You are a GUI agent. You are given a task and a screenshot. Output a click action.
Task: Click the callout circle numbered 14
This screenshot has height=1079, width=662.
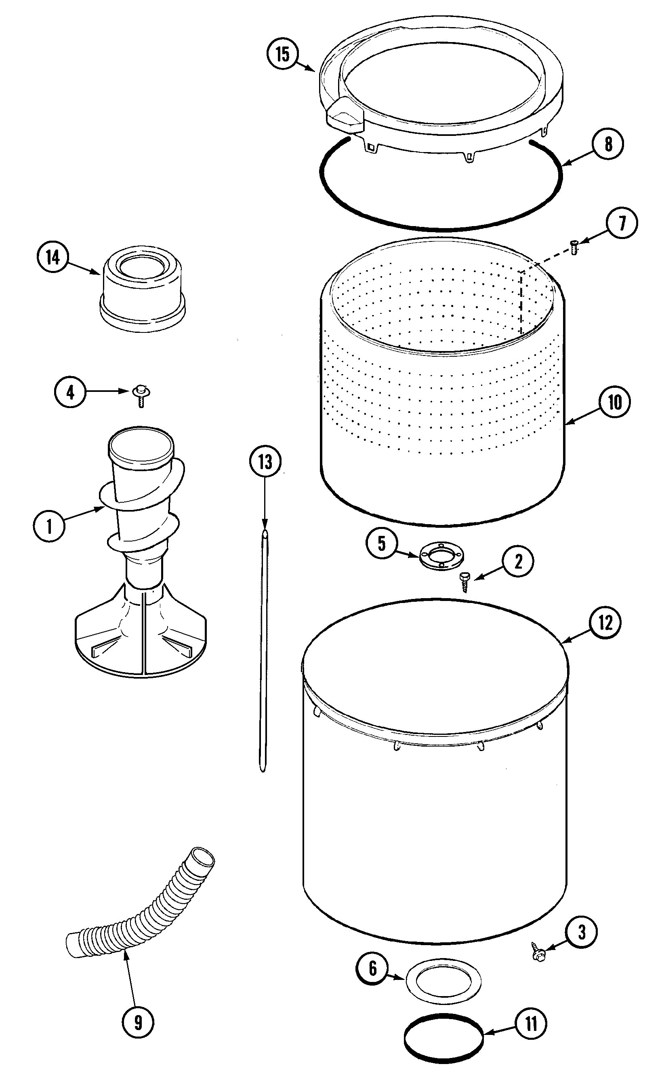click(x=53, y=257)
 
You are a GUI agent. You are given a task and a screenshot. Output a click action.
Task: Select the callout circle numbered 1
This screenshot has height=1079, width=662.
click(x=49, y=526)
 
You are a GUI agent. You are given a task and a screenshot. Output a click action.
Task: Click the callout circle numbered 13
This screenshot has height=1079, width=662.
click(x=265, y=462)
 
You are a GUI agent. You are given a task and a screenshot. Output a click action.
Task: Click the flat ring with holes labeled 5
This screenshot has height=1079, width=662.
click(x=441, y=556)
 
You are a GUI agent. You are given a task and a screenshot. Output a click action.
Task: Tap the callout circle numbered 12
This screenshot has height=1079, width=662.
click(x=605, y=622)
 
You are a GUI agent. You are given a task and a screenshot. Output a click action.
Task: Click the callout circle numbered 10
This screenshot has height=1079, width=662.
click(x=615, y=402)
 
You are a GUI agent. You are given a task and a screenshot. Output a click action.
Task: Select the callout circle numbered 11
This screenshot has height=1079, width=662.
click(x=531, y=1025)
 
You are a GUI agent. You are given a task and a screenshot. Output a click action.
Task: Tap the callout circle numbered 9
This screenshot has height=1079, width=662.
click(x=138, y=1022)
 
